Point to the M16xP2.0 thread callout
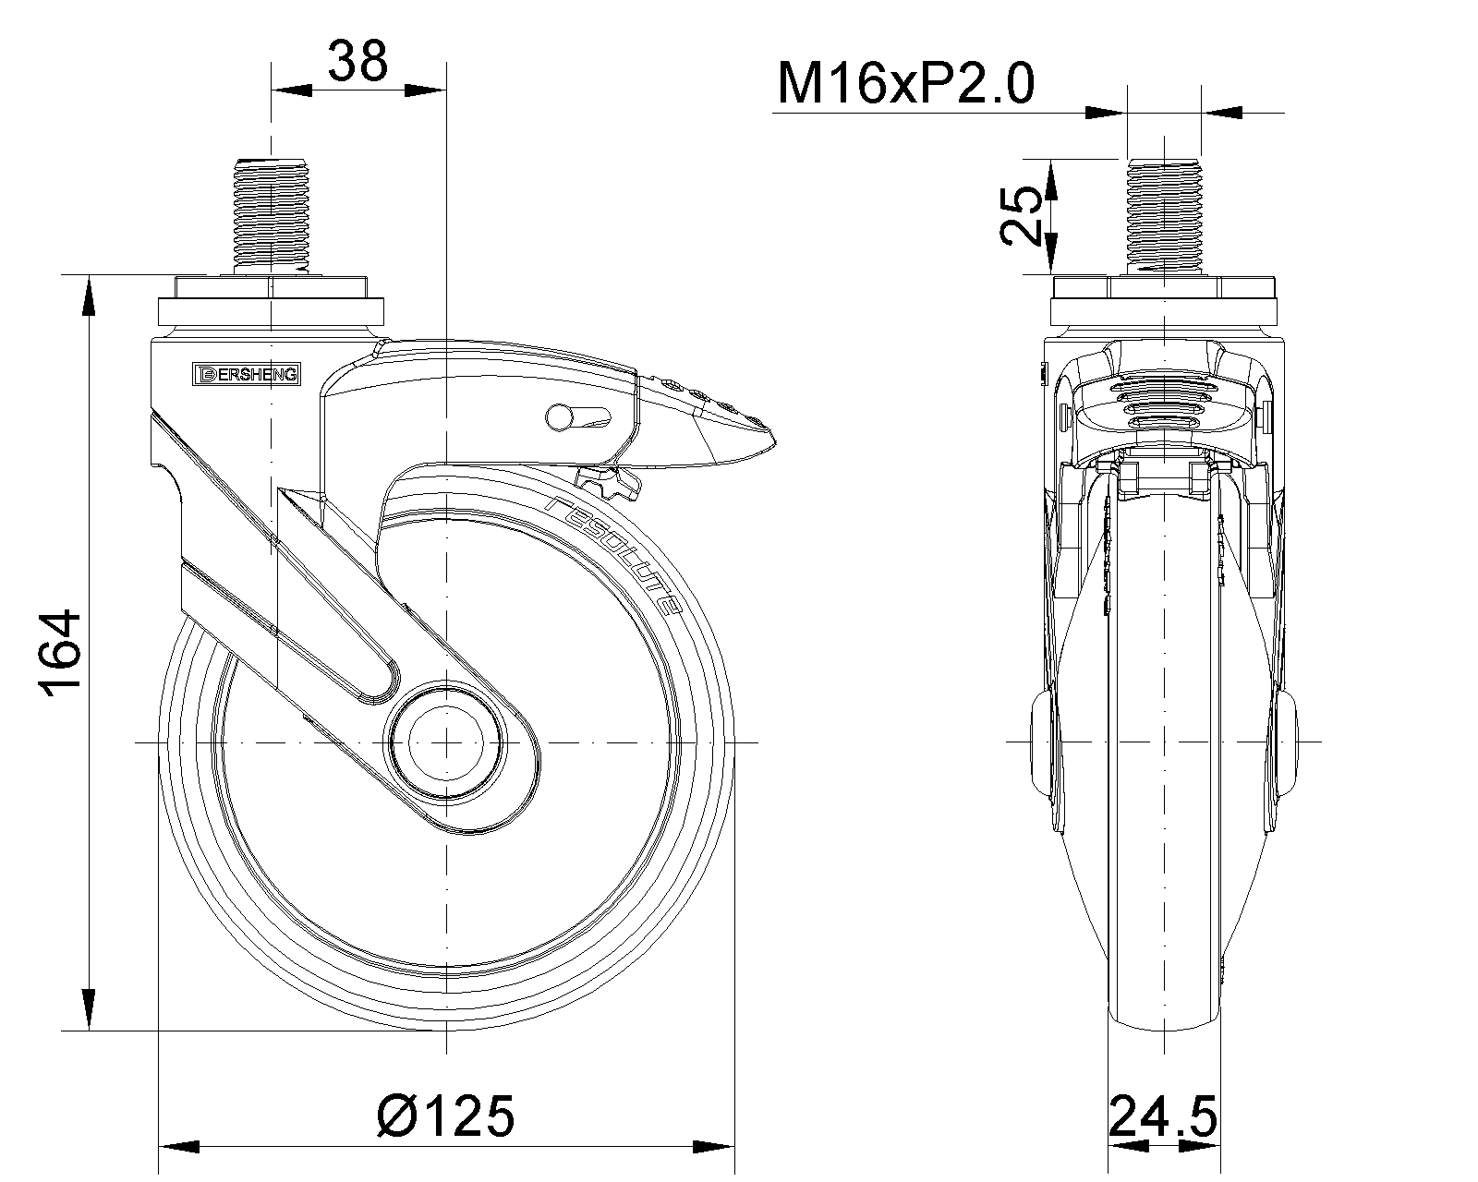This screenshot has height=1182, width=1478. pos(905,84)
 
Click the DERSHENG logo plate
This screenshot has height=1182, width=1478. pos(246,374)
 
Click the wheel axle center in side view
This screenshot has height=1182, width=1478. pos(446,742)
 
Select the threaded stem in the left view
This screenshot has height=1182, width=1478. pos(272,216)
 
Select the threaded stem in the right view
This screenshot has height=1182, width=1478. pos(1164,216)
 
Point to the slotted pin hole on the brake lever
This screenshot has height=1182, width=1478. pos(578,416)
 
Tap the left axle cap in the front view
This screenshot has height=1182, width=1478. pos(1041,743)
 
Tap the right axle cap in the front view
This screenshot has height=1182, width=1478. pos(1287,743)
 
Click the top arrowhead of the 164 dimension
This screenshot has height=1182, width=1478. pos(89,296)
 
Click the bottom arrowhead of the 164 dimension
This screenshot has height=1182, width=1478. pos(89,1009)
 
